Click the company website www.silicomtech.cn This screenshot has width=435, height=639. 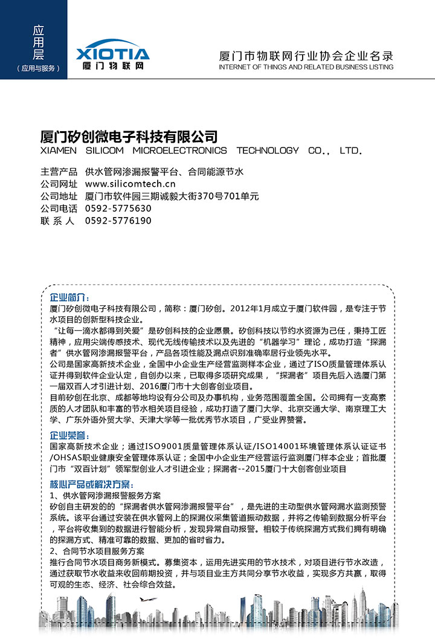coord(130,184)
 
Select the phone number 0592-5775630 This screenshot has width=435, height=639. coord(118,209)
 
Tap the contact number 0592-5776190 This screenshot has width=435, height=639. coord(118,221)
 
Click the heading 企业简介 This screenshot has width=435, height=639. coord(69,298)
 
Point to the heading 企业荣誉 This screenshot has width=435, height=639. coord(69,435)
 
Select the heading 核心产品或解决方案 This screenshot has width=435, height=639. coord(90,485)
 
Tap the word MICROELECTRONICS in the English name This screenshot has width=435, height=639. coord(180,151)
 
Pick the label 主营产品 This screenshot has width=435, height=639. coord(59,172)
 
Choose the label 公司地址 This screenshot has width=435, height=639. coord(59,196)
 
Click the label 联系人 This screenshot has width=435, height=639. coord(57,221)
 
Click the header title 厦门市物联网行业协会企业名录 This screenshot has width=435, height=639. coord(306,56)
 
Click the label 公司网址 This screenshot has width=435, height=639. coord(59,184)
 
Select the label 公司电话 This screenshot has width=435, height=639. coord(59,209)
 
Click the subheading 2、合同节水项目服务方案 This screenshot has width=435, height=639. coord(97,551)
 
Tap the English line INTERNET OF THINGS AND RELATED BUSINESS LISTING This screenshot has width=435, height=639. coord(306,67)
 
